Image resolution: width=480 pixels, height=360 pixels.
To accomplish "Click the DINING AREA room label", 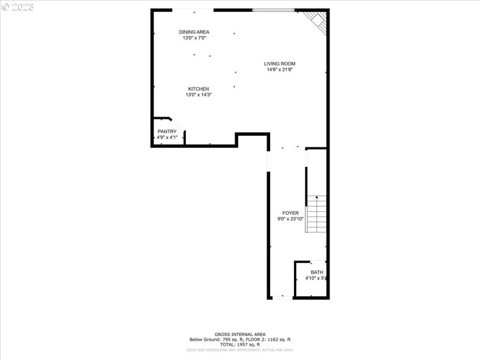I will point(194,32).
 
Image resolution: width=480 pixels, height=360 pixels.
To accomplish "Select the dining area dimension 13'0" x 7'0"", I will point(194,38).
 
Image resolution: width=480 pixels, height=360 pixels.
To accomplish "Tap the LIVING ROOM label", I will point(280,64).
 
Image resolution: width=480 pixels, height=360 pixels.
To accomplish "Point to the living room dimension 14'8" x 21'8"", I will point(280,70).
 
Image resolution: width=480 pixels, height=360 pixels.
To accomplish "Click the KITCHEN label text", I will point(198,89).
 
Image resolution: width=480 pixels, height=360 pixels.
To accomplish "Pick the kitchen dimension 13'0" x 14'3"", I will point(198,95).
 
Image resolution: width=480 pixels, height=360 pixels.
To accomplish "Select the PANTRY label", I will point(167,131).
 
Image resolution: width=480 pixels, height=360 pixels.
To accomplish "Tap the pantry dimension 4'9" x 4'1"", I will point(167,137).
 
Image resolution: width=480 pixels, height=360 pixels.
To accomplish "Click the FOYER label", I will point(290,213).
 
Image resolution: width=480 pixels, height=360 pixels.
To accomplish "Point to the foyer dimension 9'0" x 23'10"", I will point(290,219).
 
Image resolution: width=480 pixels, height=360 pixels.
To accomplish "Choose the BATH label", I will point(316,272).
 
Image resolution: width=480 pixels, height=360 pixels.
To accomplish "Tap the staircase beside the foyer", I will point(316,215).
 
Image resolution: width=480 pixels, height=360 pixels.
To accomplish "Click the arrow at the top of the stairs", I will point(317,197).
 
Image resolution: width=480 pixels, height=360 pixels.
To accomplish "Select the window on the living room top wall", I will point(273,10).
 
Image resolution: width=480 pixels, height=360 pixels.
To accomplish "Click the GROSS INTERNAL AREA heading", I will point(240,334).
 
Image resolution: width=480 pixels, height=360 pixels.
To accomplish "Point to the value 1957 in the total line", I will point(240,344).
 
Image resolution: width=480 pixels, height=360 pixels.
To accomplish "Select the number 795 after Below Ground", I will point(226,340).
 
